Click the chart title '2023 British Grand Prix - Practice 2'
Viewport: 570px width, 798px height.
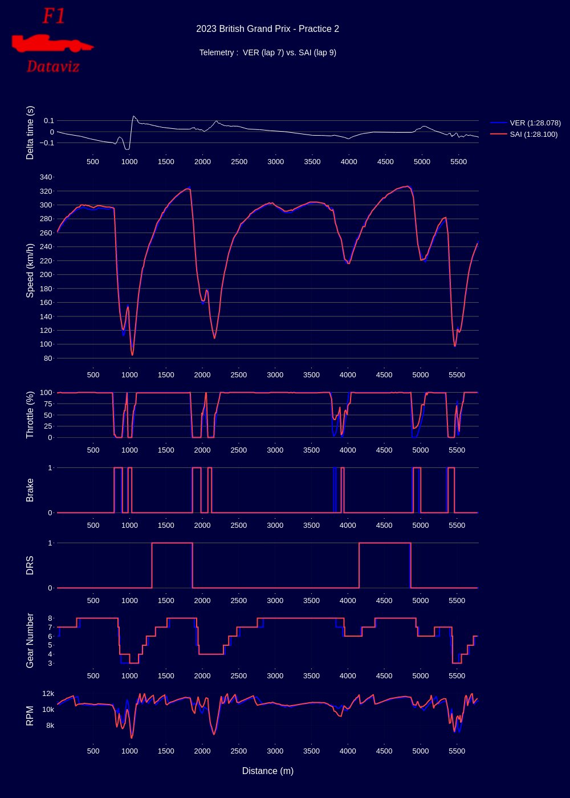(x=267, y=29)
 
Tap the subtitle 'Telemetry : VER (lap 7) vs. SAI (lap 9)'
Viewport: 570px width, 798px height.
(x=267, y=53)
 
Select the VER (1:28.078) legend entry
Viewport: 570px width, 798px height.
(x=535, y=123)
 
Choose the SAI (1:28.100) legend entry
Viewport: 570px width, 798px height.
(x=534, y=135)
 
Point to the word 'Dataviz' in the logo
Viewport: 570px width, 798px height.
(x=53, y=67)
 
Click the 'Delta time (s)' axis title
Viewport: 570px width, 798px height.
(x=30, y=132)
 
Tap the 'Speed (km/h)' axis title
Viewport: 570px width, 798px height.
(x=30, y=270)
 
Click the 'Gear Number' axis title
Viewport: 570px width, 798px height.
(x=30, y=640)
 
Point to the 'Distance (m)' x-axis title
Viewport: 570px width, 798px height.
(x=267, y=771)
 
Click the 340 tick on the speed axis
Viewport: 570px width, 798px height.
(x=46, y=177)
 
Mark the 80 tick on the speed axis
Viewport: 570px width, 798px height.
(x=48, y=359)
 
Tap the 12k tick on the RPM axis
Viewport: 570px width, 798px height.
(x=48, y=694)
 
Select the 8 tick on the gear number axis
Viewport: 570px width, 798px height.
(x=50, y=618)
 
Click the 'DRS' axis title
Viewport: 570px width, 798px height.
(x=30, y=565)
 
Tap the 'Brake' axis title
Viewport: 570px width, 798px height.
(x=30, y=490)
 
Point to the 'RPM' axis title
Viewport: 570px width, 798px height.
(x=30, y=715)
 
